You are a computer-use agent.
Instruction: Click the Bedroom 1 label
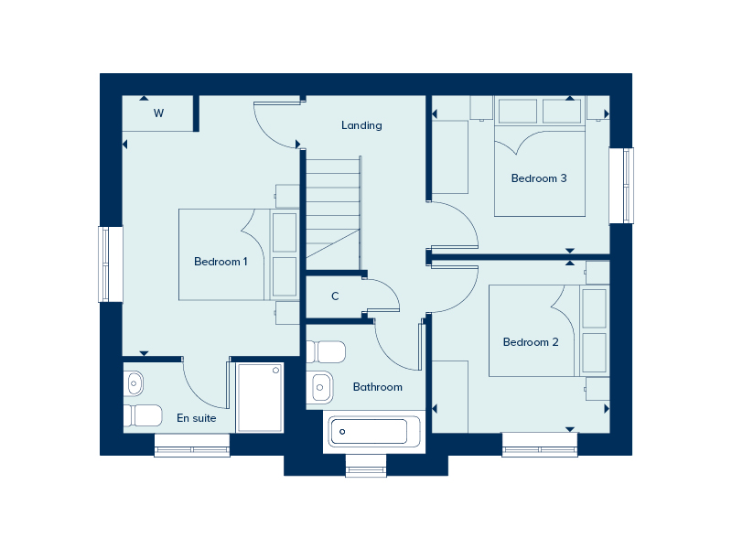coord(221,262)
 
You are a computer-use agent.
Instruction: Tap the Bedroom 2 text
coord(531,342)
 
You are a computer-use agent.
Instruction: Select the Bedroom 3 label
coord(539,178)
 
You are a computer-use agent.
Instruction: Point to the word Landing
coord(361,125)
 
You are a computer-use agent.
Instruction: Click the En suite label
coord(197,418)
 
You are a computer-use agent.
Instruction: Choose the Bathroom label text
coord(378,387)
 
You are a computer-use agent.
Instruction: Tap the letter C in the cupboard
coord(335,296)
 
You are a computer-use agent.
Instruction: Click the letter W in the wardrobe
coord(158,113)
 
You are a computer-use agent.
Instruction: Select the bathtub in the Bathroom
coord(374,430)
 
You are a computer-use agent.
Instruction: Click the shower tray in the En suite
coord(261,397)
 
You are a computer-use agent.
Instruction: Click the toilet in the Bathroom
coord(326,352)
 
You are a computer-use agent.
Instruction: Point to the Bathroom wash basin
coord(320,386)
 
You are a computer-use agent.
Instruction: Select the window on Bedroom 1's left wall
coord(111,264)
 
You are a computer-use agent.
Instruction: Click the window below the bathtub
coord(366,470)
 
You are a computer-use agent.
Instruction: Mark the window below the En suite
coord(192,449)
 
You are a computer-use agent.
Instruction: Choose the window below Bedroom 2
coord(540,449)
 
